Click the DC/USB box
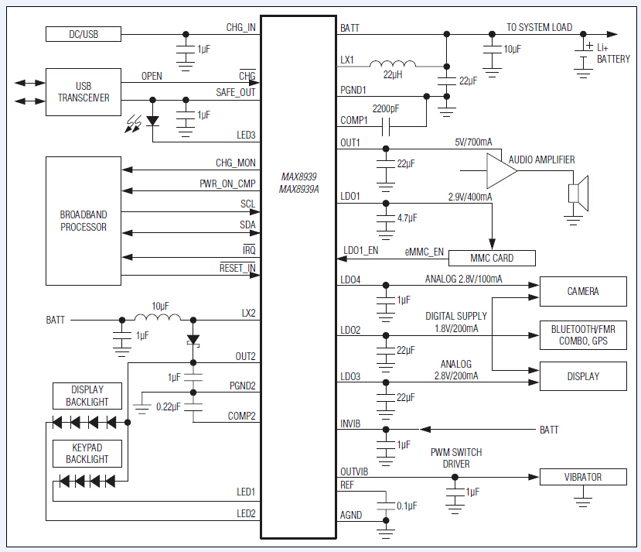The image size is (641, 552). tap(84, 34)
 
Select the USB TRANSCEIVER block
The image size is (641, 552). tap(84, 92)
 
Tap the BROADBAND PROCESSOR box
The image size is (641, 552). tap(84, 221)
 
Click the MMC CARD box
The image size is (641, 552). tap(492, 258)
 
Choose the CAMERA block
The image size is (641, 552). tap(583, 292)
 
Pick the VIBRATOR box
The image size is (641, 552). tap(583, 477)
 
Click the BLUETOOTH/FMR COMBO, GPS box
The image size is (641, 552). tap(583, 334)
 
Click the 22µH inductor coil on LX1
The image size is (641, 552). tap(392, 64)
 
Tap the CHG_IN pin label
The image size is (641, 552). tap(240, 28)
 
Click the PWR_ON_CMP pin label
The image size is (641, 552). tap(227, 184)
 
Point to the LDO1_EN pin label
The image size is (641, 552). tap(362, 251)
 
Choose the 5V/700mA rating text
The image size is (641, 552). tap(473, 142)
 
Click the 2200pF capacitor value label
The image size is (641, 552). tap(385, 108)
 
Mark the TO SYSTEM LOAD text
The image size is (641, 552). tap(539, 28)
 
